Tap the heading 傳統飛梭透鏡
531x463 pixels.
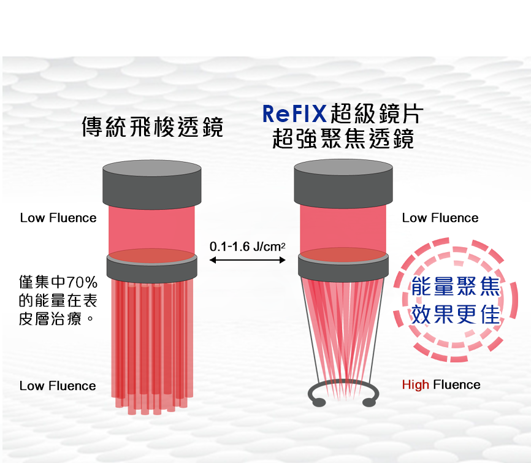(152, 127)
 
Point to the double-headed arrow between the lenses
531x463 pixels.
(248, 261)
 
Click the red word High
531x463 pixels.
(415, 385)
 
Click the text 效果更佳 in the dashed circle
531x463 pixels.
(456, 314)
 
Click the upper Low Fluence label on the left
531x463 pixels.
(58, 218)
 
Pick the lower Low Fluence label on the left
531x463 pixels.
(58, 386)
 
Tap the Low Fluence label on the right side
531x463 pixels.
(440, 218)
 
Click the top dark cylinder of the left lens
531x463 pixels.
(151, 183)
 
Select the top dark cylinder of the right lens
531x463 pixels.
(343, 183)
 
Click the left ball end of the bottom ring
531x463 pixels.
(318, 402)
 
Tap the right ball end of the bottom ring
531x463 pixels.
(369, 402)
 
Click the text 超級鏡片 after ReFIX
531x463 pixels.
(376, 114)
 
